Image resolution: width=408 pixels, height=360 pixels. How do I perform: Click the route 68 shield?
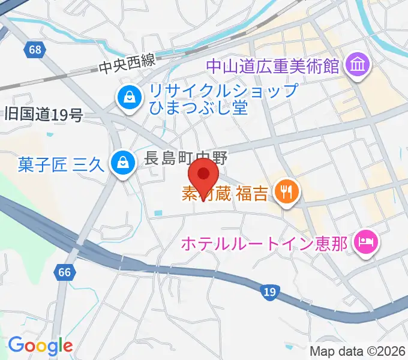pos(35,49)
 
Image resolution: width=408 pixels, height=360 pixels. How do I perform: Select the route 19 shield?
pos(269,292)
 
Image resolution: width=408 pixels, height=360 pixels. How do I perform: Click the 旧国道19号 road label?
pos(43,115)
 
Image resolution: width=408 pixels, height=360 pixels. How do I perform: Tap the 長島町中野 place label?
pos(178,158)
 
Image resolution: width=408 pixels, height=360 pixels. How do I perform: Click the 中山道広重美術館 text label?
pos(272,64)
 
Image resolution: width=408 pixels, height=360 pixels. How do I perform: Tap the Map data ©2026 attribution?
pos(358,352)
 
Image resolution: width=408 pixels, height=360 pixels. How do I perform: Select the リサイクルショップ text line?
pos(223,92)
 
